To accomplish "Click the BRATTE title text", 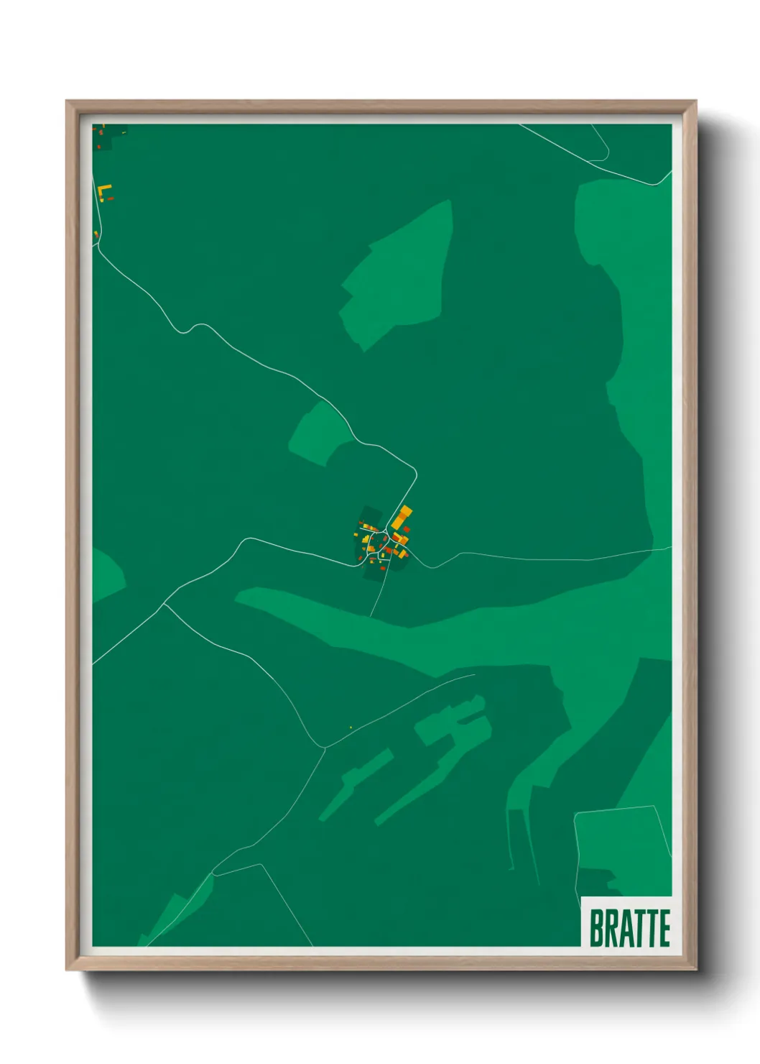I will pyautogui.click(x=629, y=927).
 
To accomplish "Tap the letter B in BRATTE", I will pyautogui.click(x=596, y=927).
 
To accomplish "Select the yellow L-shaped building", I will pyautogui.click(x=104, y=191).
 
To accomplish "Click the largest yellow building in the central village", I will pyautogui.click(x=402, y=517).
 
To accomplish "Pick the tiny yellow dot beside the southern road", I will pyautogui.click(x=351, y=728).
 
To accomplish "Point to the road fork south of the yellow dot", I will pyautogui.click(x=325, y=748).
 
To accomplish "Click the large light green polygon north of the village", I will pyautogui.click(x=399, y=273).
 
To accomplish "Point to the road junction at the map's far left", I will pyautogui.click(x=164, y=604).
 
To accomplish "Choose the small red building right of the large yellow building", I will pyautogui.click(x=407, y=529).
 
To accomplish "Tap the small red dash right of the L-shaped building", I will pyautogui.click(x=111, y=198).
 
